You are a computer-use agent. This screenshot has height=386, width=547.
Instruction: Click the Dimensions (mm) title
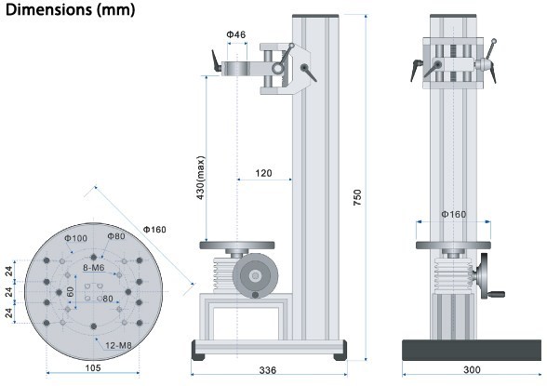click(x=70, y=9)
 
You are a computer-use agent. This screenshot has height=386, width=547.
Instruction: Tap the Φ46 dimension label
click(x=236, y=34)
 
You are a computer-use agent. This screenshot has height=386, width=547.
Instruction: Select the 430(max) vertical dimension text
click(x=201, y=178)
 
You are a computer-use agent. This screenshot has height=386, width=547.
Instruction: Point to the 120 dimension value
click(x=263, y=173)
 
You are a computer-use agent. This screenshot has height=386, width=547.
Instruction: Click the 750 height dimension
click(x=357, y=197)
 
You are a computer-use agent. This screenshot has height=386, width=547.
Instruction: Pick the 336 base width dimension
click(x=268, y=370)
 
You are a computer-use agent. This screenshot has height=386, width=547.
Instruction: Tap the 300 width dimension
click(x=472, y=369)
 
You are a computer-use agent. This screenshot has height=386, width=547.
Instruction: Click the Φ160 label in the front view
click(x=454, y=214)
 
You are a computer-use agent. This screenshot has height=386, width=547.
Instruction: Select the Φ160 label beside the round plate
click(x=154, y=230)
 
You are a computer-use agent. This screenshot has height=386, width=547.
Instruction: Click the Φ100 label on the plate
click(x=75, y=238)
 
